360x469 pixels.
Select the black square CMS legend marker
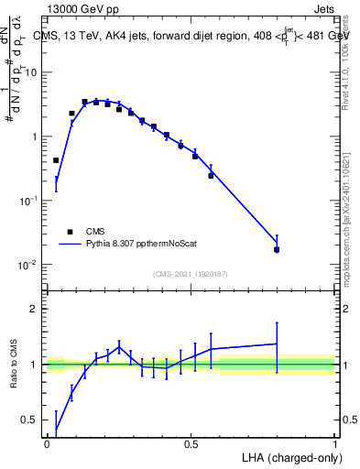click(70, 232)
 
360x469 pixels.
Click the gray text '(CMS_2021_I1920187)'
click(191, 274)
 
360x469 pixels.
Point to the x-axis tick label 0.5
click(191, 443)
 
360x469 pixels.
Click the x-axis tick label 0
click(47, 443)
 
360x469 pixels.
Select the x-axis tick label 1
click(335, 443)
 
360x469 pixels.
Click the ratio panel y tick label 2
click(34, 309)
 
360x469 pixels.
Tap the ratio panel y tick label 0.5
click(30, 420)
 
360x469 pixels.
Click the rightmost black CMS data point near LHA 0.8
click(277, 249)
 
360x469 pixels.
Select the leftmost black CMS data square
click(56, 160)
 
